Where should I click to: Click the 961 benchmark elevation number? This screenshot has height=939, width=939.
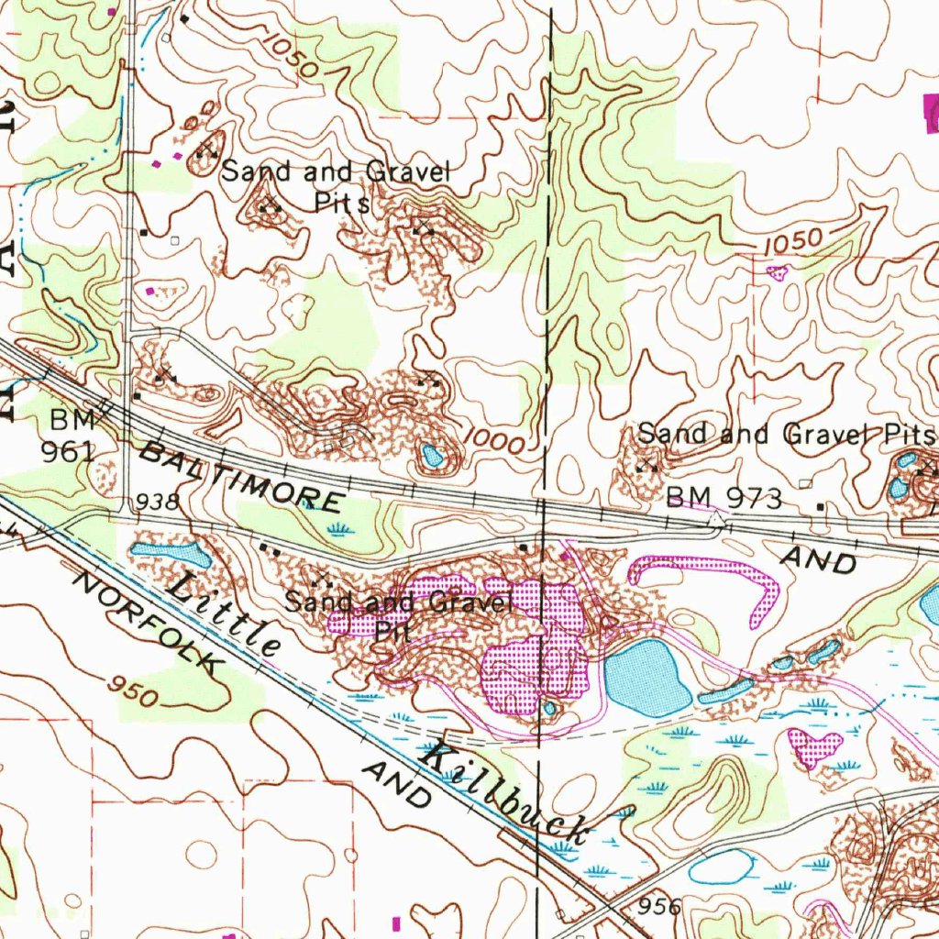click(68, 451)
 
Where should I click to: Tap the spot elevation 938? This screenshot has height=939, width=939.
click(157, 502)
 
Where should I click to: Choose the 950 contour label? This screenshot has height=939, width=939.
click(133, 690)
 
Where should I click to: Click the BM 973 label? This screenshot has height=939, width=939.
click(724, 499)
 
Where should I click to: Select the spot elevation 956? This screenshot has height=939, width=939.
click(660, 907)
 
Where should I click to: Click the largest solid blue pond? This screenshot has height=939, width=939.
click(648, 678)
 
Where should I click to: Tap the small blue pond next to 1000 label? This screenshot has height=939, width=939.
click(430, 454)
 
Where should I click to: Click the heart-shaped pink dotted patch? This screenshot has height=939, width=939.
click(814, 746)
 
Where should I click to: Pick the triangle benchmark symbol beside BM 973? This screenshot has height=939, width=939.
click(714, 520)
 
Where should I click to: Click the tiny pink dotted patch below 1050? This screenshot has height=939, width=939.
click(778, 272)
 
